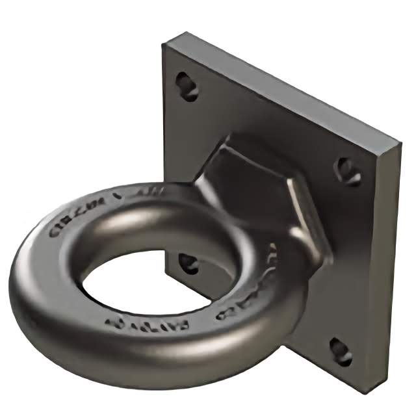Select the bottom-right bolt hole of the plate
point(340,352)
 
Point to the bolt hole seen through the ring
point(188,263)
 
